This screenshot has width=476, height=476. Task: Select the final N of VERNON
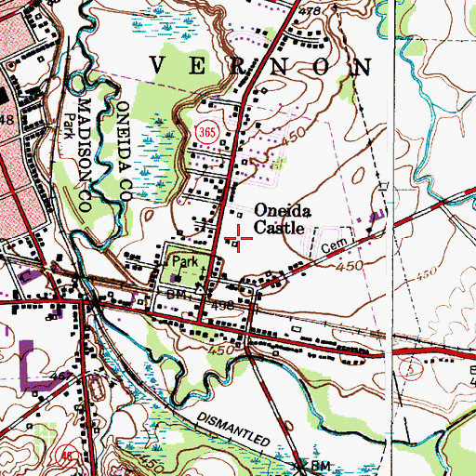pyautogui.click(x=360, y=67)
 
